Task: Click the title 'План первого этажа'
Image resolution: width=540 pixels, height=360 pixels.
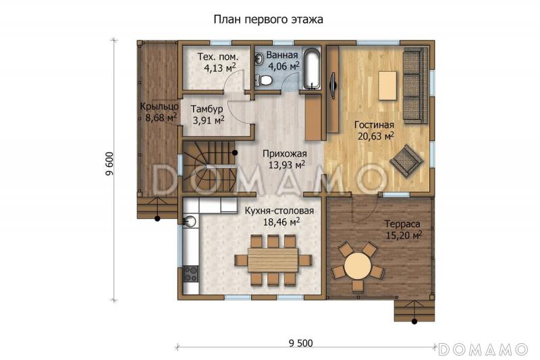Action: point(269,20)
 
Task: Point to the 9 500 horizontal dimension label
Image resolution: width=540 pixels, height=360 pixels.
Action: point(300,342)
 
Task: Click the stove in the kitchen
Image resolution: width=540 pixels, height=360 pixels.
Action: point(191,274)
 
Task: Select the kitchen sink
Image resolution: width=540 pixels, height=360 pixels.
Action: point(190,220)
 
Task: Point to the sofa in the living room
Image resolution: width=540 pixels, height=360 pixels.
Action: point(412,86)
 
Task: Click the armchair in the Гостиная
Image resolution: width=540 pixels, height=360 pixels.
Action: point(406,161)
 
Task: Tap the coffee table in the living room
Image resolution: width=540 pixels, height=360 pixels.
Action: point(387,85)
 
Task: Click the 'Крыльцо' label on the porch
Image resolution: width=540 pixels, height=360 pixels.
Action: point(159,106)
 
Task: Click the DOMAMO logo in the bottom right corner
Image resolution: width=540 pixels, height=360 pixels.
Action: point(483,349)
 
